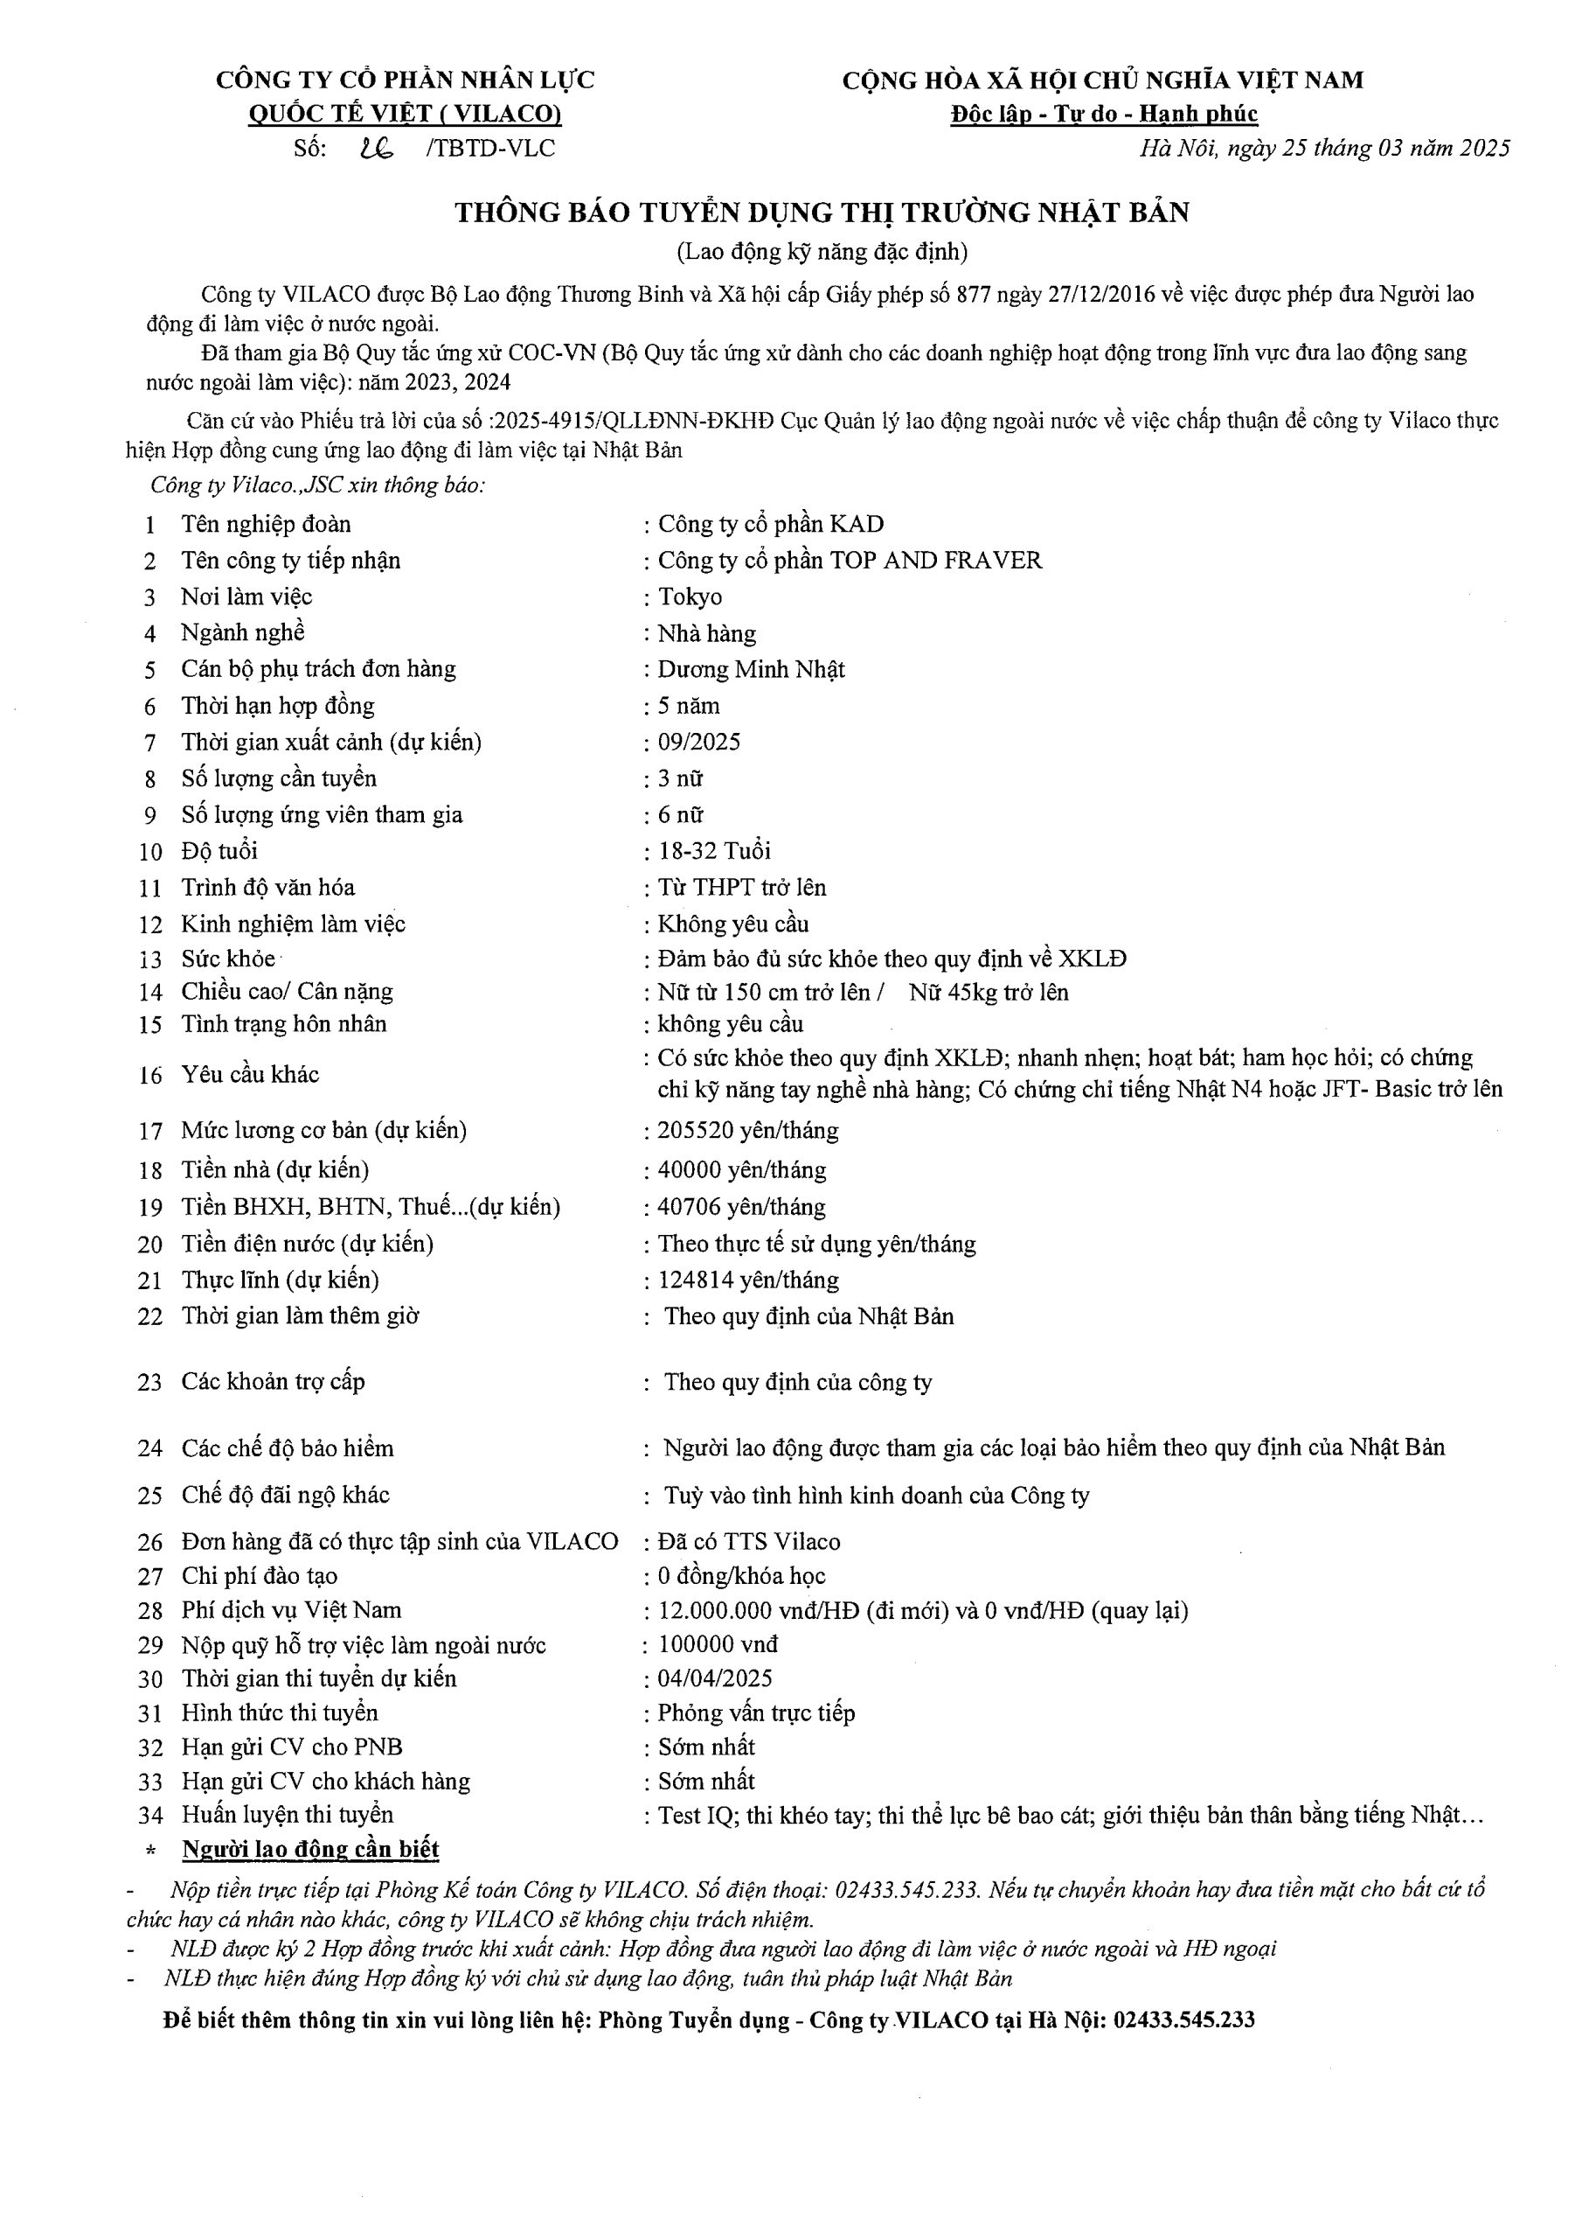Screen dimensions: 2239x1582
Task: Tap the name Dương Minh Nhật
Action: click(x=751, y=670)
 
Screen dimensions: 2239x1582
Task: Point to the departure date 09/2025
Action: click(x=699, y=743)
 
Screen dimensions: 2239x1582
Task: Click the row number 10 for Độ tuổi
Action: click(x=150, y=852)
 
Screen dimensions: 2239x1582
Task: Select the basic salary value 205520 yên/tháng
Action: click(x=747, y=1130)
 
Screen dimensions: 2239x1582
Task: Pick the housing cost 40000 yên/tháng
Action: click(x=741, y=1169)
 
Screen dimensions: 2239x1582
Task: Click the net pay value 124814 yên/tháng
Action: click(x=747, y=1280)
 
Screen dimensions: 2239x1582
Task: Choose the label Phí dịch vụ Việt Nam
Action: click(x=291, y=1610)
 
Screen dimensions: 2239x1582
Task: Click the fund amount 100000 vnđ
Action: click(x=718, y=1645)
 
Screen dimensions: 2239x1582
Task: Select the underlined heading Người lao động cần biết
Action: click(x=310, y=1849)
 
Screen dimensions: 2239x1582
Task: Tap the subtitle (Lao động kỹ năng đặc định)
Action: click(x=822, y=252)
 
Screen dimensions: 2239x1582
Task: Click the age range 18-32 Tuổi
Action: click(x=713, y=851)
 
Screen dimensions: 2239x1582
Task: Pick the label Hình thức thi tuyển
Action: click(x=280, y=1712)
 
